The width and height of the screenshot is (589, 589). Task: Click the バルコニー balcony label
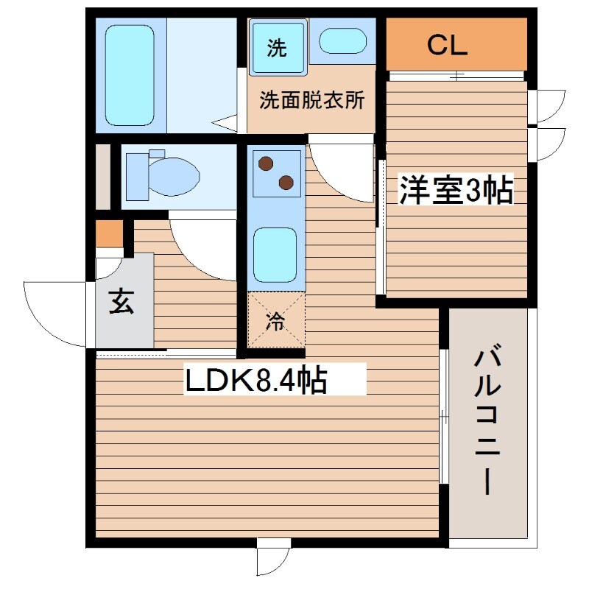click(488, 422)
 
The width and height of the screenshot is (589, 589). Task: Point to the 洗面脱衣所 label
click(311, 101)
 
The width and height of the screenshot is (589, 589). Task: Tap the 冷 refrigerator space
click(276, 320)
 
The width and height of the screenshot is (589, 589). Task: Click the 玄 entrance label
click(121, 302)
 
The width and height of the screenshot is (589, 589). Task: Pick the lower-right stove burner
click(285, 181)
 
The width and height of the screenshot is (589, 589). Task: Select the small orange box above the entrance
click(109, 233)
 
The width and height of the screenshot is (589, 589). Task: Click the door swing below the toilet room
click(202, 247)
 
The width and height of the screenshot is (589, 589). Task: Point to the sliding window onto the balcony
click(444, 417)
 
